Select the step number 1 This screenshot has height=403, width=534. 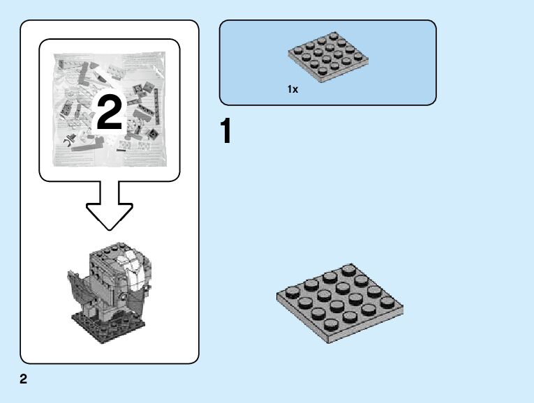pos(225,132)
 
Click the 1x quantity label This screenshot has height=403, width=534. pos(292,90)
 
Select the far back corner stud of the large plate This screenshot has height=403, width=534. pos(348,271)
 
